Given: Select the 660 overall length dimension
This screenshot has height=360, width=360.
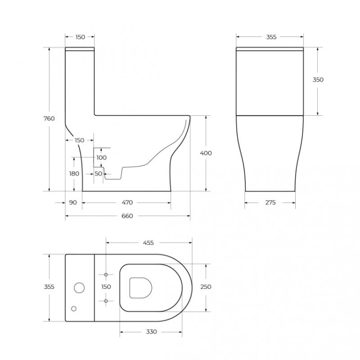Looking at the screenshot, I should click(127, 216).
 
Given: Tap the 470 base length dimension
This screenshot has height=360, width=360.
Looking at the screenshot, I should click(127, 203).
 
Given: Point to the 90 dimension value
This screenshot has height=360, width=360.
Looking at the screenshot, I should click(73, 203).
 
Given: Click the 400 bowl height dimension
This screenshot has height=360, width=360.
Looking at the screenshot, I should click(206, 153).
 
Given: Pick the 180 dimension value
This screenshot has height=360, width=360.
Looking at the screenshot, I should click(74, 174).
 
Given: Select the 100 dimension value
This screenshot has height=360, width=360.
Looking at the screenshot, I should click(101, 157).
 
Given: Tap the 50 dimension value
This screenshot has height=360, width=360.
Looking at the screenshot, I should click(98, 174).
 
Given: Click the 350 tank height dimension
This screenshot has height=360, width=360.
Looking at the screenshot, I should click(318, 80).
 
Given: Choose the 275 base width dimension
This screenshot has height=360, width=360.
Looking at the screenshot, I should click(270, 203).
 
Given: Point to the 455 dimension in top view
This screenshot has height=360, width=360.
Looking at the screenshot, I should click(148, 243).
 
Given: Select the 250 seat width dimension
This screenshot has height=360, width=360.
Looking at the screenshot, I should click(206, 287).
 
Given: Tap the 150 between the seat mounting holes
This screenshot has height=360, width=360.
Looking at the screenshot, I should click(106, 287).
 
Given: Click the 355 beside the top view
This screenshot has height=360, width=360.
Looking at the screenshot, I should click(49, 287).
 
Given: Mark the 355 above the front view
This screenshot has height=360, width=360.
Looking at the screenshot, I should click(270, 37).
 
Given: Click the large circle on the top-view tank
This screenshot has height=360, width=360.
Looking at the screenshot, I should click(79, 288).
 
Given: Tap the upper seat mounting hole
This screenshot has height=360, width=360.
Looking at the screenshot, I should click(106, 274).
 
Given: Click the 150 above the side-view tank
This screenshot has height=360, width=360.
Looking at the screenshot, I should click(80, 37).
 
